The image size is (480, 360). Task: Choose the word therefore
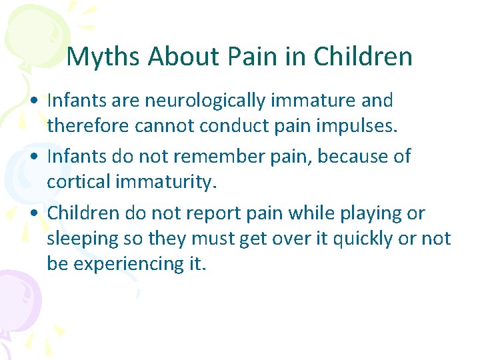pos(89,127)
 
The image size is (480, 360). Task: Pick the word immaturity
pos(170,182)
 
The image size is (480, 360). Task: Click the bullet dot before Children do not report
pos(33,214)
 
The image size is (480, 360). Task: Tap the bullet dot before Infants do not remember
pos(33,157)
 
